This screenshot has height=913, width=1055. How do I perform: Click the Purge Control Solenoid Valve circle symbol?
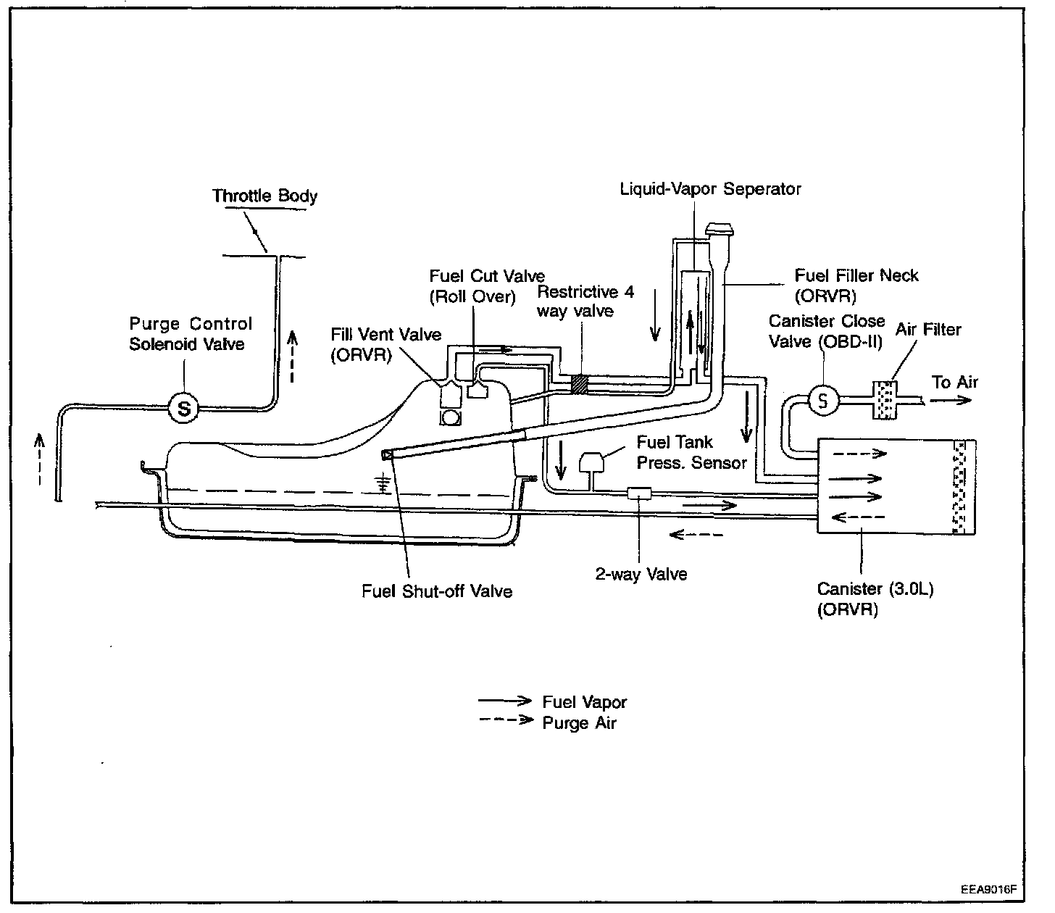(x=184, y=408)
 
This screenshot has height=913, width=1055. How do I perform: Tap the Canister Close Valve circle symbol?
(x=822, y=400)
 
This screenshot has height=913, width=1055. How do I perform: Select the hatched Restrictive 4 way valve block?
(x=580, y=384)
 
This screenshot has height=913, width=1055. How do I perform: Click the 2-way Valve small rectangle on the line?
(x=639, y=493)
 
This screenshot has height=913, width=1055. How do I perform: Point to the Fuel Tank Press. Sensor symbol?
(x=591, y=462)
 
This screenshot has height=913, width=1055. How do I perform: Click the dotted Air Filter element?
(x=885, y=400)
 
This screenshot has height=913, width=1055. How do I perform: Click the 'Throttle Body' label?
(x=265, y=196)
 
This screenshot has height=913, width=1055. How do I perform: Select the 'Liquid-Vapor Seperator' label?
(x=711, y=189)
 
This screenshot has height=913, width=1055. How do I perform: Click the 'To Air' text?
(x=954, y=383)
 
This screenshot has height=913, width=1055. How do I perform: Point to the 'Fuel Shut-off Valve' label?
(x=437, y=591)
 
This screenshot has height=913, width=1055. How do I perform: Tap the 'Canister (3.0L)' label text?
(x=875, y=589)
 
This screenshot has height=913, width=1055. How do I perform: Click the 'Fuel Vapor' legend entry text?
(x=585, y=702)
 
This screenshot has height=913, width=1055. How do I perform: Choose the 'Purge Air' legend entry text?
(x=579, y=723)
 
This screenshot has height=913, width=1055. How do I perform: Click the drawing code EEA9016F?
(x=988, y=890)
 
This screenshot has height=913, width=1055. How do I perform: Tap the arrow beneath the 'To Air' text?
(x=951, y=400)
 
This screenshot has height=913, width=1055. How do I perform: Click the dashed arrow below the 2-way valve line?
(x=696, y=535)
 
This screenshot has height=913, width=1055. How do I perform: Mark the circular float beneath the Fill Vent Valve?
(x=450, y=418)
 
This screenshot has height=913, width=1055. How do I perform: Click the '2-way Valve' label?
(x=641, y=574)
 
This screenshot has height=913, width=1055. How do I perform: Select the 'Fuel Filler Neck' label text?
(x=856, y=275)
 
